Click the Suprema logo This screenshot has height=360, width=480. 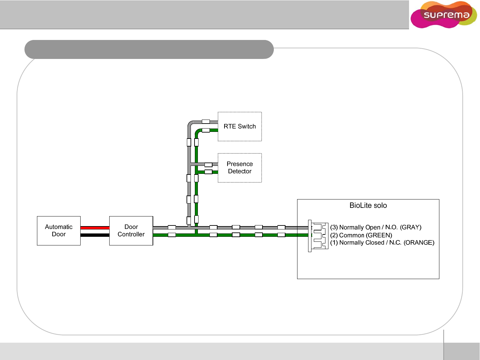[x=444, y=15]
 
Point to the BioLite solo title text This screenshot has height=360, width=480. [x=368, y=205]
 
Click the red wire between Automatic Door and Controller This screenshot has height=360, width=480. [x=95, y=227]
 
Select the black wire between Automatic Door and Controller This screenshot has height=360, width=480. [x=95, y=235]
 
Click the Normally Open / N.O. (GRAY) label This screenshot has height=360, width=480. [x=376, y=227]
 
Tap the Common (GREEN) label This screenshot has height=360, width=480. [x=361, y=235]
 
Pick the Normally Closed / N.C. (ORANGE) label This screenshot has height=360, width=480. [x=382, y=243]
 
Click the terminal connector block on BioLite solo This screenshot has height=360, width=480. [x=318, y=236]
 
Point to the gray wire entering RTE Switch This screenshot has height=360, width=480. [x=213, y=122]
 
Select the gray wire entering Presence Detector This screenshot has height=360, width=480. [x=215, y=164]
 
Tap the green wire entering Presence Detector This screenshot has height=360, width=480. [x=215, y=172]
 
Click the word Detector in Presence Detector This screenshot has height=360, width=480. [x=240, y=172]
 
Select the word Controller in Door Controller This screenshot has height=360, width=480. [x=131, y=234]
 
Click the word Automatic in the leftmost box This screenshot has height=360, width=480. [x=59, y=227]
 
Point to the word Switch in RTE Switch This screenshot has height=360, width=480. [x=247, y=127]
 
